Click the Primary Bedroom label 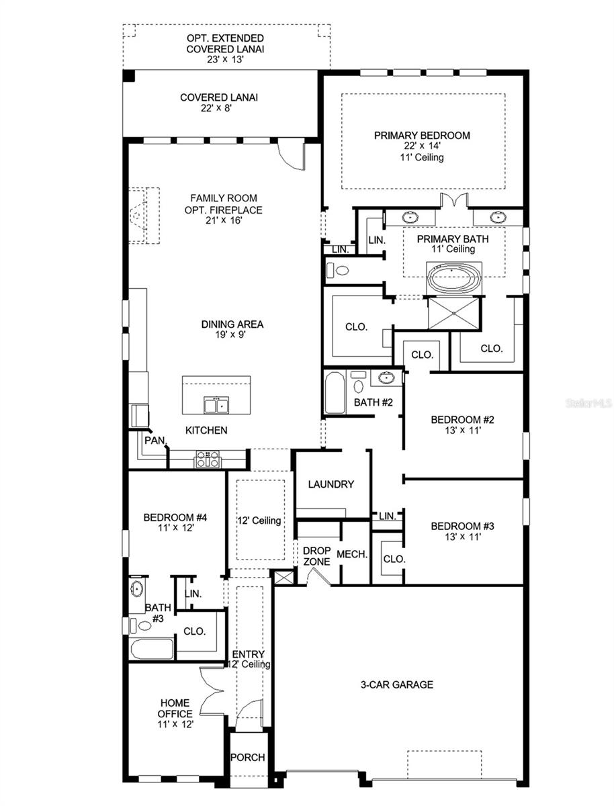coord(422,135)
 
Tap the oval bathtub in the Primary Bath coord(454,279)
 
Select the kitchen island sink coord(216,405)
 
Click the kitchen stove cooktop coord(207,460)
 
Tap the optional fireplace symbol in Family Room coord(143,216)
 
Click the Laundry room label coord(331,484)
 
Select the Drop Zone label coord(316,555)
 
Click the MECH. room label coord(351,555)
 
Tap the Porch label coord(248,757)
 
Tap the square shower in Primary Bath coord(455,314)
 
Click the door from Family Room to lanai coord(292,153)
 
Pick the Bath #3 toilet coord(143,626)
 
